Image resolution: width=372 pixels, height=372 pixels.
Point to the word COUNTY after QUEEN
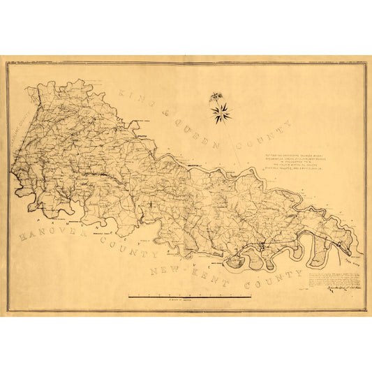point(269,136)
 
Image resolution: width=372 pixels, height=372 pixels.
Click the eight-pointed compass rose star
point(222,112)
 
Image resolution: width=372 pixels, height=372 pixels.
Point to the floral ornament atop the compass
point(216,98)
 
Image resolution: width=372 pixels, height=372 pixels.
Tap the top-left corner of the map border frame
point(7,63)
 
